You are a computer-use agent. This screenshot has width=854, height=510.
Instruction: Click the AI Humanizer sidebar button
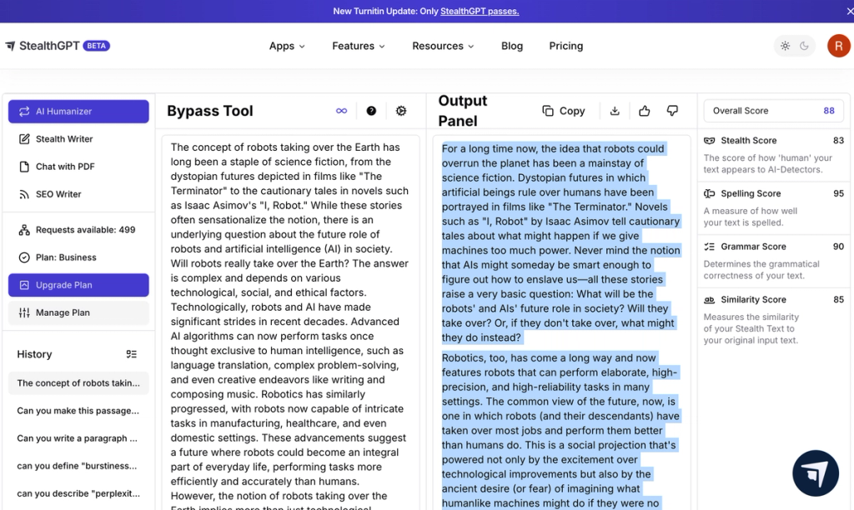pos(78,112)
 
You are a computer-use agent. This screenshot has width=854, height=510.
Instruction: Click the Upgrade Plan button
pos(78,285)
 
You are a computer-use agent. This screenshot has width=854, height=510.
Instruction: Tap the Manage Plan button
pos(78,312)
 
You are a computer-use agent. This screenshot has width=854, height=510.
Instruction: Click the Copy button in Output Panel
pos(564,111)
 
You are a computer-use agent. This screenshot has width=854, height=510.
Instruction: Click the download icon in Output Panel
pos(615,111)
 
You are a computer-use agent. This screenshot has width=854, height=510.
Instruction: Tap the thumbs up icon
pos(644,111)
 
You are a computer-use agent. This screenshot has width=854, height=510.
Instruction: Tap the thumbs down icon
pos(672,111)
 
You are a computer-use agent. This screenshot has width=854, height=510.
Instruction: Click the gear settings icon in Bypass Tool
pos(401,111)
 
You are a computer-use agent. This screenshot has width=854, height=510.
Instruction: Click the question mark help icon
pos(371,111)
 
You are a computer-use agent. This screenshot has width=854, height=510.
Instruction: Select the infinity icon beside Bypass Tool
pos(341,111)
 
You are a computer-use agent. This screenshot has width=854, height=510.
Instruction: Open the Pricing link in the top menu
pos(565,46)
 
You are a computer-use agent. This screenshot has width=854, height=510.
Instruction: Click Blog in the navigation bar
pos(512,46)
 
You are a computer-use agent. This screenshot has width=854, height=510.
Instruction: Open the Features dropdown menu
pos(359,46)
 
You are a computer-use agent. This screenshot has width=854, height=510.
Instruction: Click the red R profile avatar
pos(838,46)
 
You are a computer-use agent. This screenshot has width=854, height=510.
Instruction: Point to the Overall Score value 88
pos(828,111)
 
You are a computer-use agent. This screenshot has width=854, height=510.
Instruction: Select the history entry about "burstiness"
pos(78,466)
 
